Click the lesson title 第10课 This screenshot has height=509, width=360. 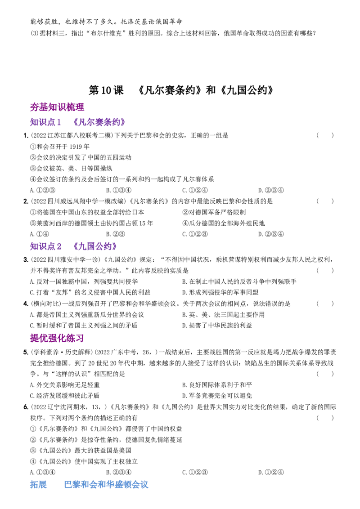(106, 90)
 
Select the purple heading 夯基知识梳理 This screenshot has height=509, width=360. (57, 107)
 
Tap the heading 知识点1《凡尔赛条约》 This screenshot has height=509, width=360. (78, 122)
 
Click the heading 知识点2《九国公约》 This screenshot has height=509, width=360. (73, 246)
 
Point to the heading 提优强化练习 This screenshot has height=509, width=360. (57, 338)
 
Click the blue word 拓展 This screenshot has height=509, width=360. (38, 485)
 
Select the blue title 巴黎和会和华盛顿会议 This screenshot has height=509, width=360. (106, 485)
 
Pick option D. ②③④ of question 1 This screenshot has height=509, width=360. (271, 190)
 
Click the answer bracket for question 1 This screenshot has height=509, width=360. (325, 135)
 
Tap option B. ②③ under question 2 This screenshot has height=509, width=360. (115, 234)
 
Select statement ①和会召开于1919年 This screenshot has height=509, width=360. (60, 147)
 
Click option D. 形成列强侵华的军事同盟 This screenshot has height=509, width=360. (220, 292)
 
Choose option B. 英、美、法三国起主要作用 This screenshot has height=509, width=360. (223, 315)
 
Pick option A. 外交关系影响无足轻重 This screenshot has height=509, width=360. (65, 385)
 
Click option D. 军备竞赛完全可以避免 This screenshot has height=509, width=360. (217, 396)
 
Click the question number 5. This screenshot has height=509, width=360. (26, 352)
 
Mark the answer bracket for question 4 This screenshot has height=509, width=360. (325, 304)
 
